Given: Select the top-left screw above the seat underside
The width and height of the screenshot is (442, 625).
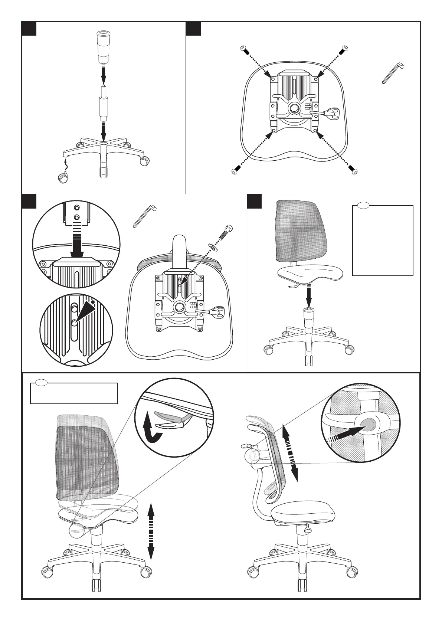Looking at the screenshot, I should (x=243, y=49).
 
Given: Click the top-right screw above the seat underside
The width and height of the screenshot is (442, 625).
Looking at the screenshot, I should (x=346, y=48).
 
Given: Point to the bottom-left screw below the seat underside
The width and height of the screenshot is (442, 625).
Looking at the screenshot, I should (x=234, y=171).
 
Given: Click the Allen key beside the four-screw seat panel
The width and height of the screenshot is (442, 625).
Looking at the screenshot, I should (x=393, y=73).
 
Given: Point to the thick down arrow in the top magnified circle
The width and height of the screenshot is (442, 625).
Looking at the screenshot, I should (x=78, y=244).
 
